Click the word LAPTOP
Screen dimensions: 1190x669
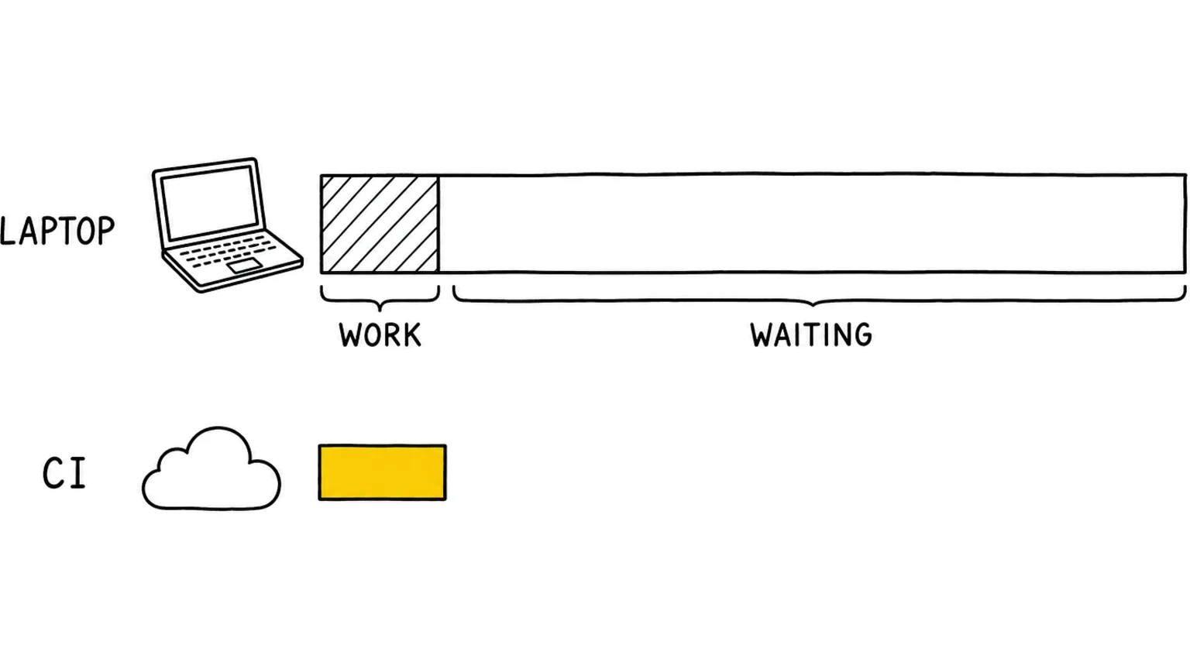point(57,231)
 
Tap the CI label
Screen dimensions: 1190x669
point(64,473)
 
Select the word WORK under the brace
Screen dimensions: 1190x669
point(380,334)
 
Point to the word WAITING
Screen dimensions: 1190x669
point(810,334)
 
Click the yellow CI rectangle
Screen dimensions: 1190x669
point(383,472)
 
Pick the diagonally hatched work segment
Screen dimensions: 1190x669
point(380,224)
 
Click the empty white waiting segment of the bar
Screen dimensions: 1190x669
point(812,224)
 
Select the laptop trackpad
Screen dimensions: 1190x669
point(245,266)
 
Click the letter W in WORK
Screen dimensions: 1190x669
point(351,335)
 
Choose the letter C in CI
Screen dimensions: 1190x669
point(53,473)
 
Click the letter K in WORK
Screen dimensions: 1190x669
point(411,335)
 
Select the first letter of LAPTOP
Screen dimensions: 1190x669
point(8,231)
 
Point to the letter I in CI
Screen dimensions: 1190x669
point(78,473)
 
